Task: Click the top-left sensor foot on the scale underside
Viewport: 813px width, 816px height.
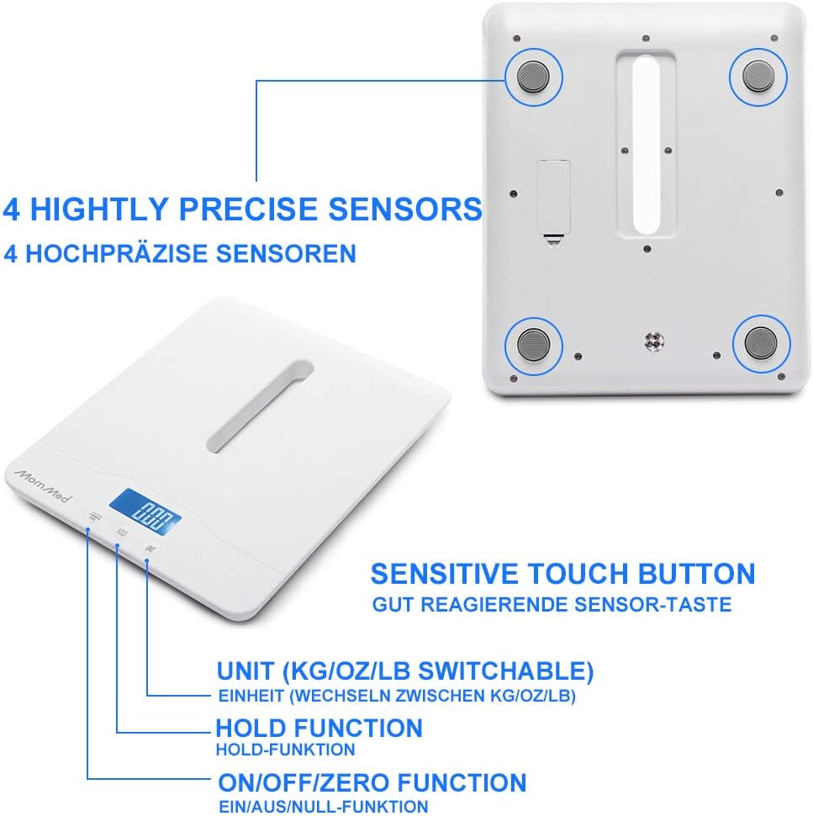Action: [534, 77]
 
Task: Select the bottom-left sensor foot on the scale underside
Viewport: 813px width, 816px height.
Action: [534, 345]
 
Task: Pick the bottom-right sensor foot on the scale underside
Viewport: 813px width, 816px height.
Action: [761, 343]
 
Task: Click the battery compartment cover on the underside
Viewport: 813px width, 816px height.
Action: [554, 198]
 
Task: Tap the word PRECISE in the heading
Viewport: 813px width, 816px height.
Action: [248, 209]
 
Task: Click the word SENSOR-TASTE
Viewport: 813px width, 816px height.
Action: [652, 605]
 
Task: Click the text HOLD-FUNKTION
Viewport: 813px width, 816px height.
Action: [286, 750]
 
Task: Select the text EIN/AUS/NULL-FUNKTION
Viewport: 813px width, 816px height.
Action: [323, 806]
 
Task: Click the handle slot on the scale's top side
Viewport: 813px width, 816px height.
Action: [260, 407]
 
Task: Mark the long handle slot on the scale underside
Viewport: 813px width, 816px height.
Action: [647, 146]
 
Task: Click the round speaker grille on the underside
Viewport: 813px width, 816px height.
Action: [654, 342]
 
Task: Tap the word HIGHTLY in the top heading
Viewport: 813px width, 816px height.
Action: [99, 209]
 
